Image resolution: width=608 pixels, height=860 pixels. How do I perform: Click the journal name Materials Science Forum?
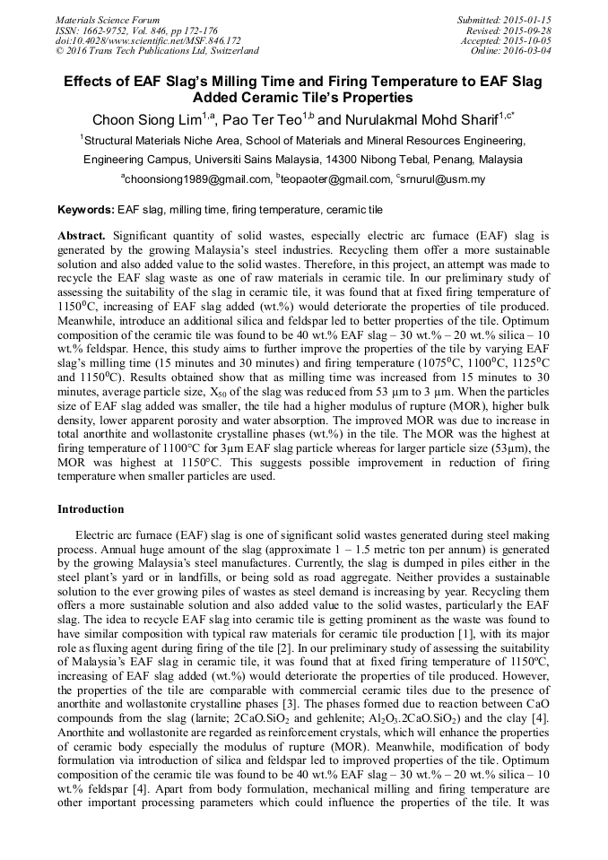click(108, 20)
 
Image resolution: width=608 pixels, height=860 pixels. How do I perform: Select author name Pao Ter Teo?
click(259, 120)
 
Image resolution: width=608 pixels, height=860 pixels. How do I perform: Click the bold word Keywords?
click(85, 210)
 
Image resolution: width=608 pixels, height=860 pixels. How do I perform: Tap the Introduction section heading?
click(91, 509)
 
